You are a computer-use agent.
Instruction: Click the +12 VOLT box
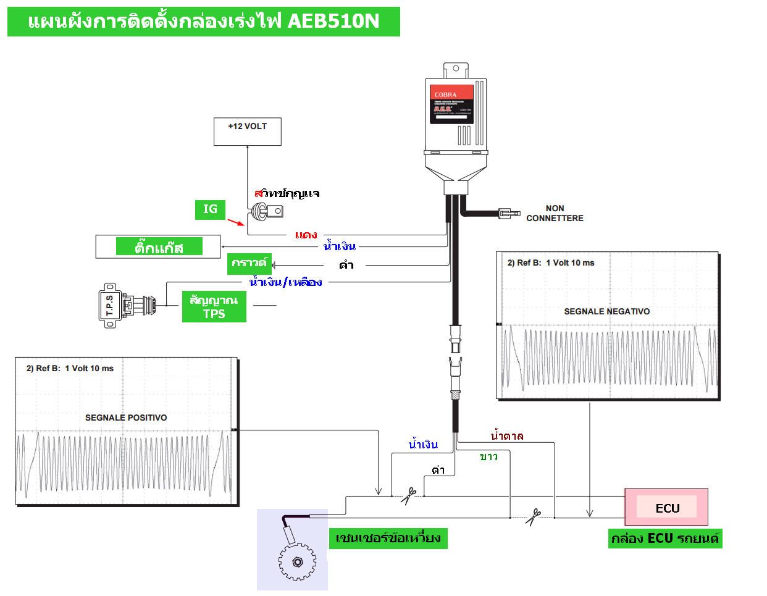247,132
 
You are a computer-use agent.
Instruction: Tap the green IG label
210,209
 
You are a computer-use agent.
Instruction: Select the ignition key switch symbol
267,212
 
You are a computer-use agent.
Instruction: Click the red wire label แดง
306,235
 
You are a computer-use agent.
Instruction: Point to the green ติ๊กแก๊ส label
159,248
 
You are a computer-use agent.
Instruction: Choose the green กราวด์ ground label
249,264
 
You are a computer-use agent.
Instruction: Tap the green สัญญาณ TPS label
214,307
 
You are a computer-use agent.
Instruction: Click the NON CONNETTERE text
555,213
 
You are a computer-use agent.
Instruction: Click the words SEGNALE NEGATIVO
606,311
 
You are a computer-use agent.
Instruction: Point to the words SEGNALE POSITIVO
126,418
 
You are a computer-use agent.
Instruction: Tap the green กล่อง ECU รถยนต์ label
665,538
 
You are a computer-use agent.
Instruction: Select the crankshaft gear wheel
296,562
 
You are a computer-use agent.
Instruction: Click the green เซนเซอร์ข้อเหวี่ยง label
388,538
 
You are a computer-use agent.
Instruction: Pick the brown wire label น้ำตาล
507,436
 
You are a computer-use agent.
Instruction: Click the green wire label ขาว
488,456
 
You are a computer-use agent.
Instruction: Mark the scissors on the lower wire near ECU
533,516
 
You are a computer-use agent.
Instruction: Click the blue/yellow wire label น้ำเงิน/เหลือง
285,282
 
